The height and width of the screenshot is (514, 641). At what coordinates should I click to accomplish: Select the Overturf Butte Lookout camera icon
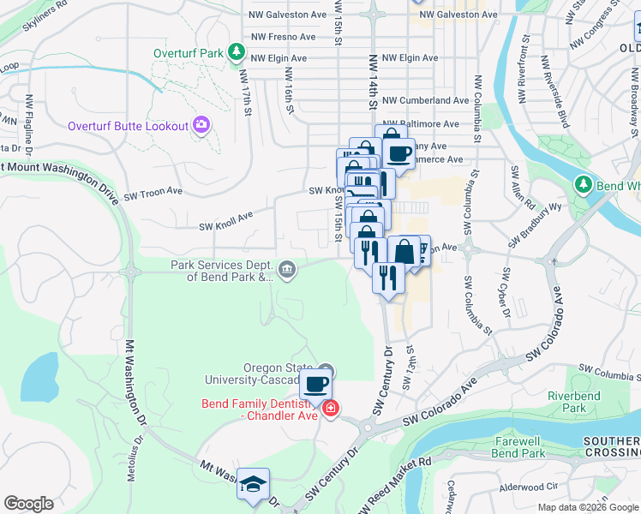pos(201,126)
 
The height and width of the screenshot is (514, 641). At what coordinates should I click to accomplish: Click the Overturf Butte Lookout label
pos(128,126)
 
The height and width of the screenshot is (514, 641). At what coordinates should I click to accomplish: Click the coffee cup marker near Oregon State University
pos(315,385)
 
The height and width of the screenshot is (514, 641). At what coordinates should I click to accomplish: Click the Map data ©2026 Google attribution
pos(587,507)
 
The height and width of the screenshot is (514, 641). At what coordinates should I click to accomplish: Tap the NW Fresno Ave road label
pos(279,37)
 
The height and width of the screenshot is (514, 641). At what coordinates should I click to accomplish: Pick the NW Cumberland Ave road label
pos(426,100)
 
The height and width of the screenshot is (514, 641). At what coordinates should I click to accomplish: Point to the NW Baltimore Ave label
pos(422,124)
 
